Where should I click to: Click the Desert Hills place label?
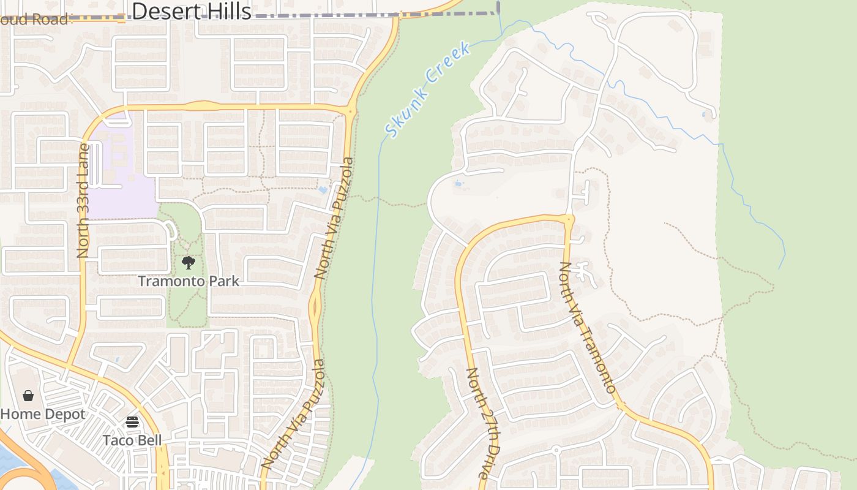(192, 10)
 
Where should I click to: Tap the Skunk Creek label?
(428, 89)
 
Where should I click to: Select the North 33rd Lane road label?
(83, 201)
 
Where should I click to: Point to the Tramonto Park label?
(189, 281)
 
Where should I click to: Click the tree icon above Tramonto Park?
(189, 263)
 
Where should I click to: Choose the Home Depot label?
(43, 414)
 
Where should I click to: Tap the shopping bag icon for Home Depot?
(28, 396)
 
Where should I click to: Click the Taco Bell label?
(132, 440)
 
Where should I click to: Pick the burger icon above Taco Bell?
(132, 422)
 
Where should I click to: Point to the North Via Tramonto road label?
(587, 328)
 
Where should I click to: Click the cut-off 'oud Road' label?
(34, 20)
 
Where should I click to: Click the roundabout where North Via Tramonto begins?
(569, 219)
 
